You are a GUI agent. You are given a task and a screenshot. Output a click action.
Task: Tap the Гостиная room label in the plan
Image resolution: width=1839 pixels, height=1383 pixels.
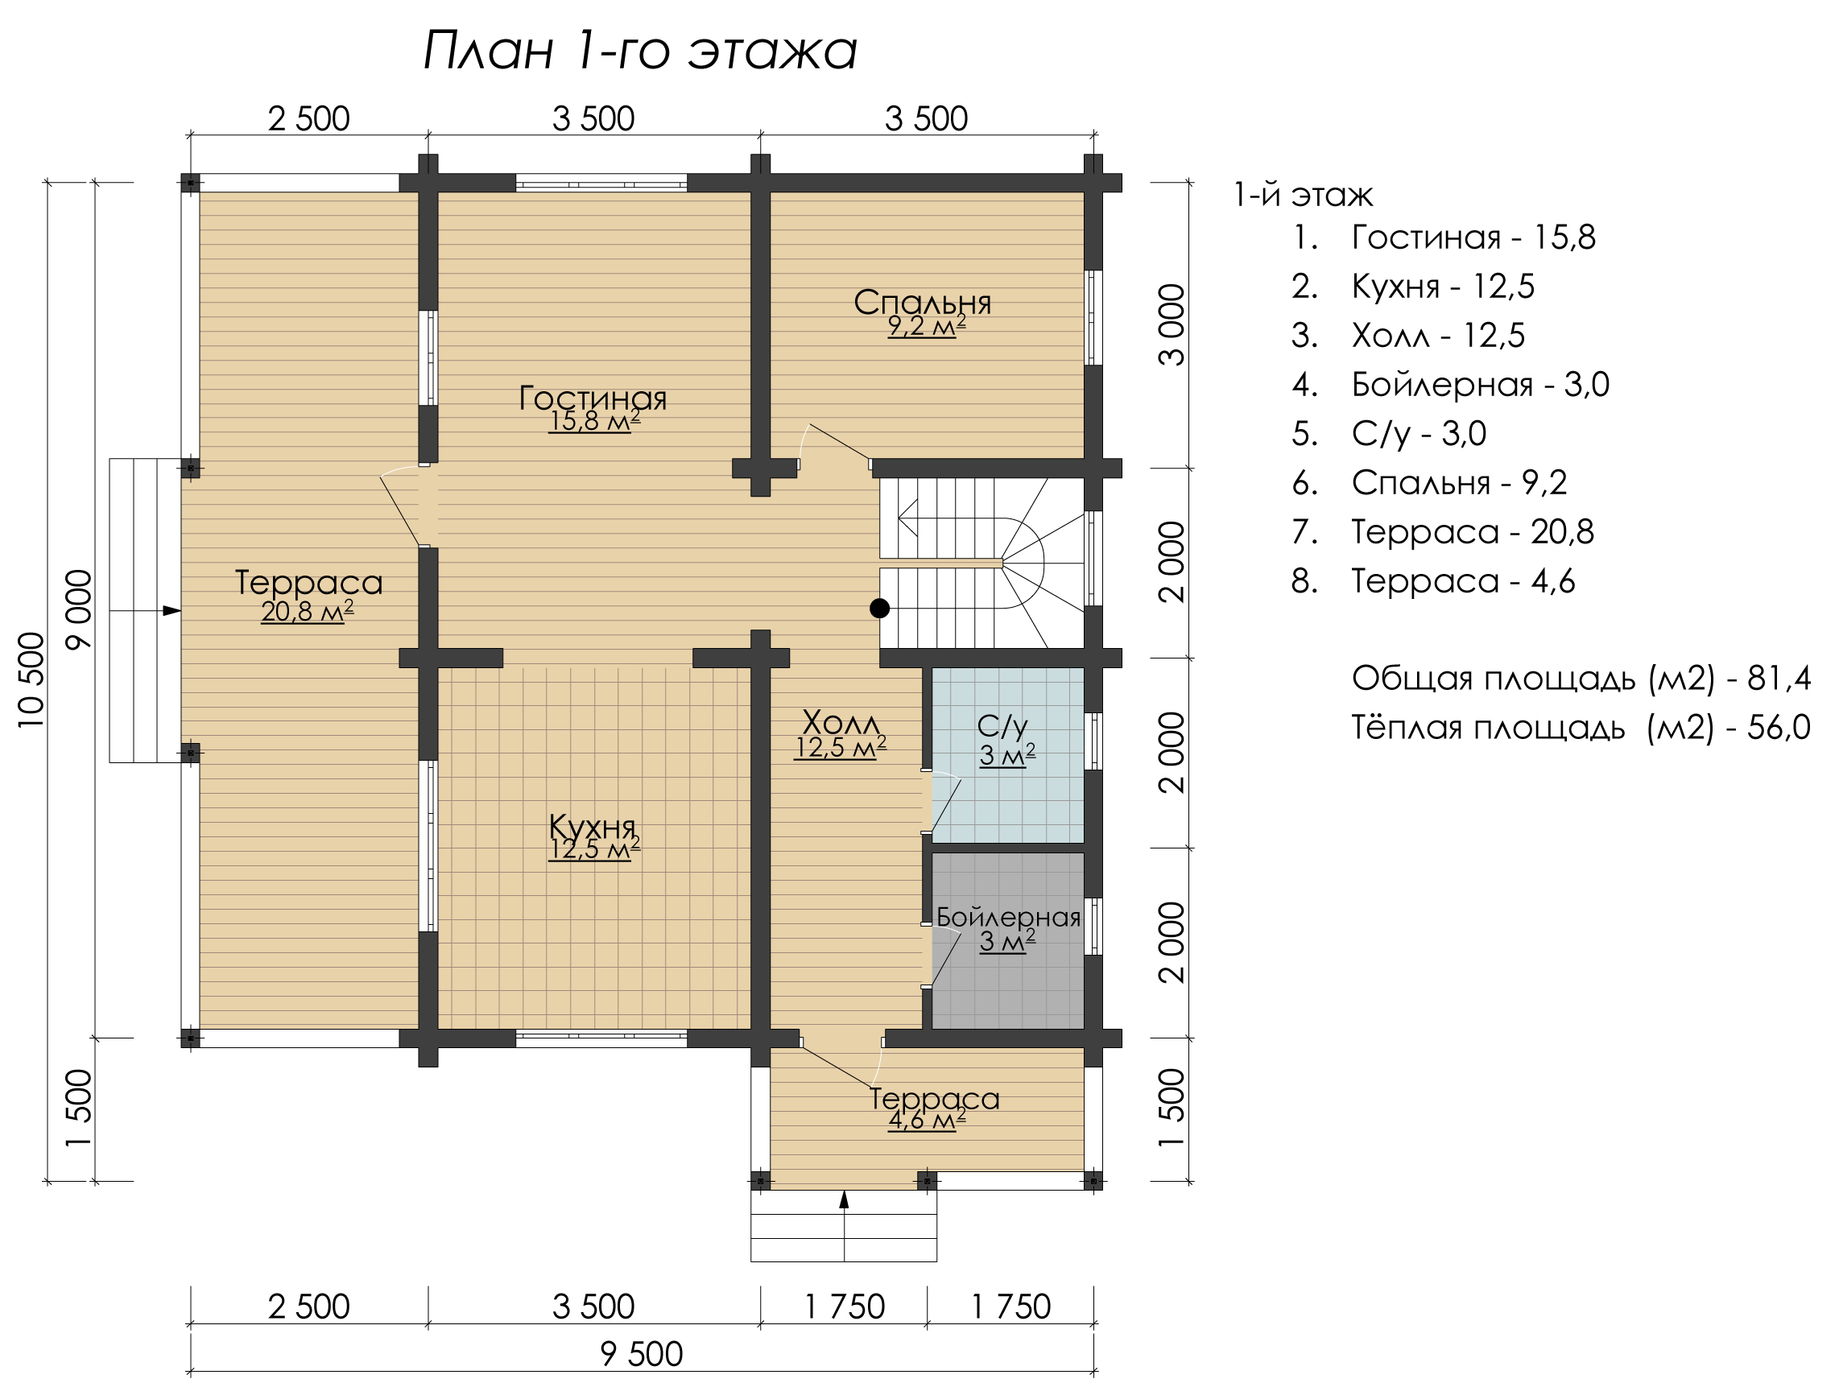coord(593,398)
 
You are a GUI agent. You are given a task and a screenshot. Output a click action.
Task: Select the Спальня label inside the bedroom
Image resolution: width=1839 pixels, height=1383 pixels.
coord(923,303)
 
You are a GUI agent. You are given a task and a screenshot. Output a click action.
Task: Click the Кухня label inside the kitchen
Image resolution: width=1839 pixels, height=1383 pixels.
coord(593,827)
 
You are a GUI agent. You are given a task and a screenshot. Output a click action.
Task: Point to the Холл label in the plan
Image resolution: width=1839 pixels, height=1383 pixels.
coord(841,721)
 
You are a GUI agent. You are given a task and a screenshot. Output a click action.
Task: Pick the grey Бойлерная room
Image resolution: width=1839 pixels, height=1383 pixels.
coord(1007,941)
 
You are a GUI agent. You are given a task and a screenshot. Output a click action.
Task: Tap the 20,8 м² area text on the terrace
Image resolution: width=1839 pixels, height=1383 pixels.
coord(307,612)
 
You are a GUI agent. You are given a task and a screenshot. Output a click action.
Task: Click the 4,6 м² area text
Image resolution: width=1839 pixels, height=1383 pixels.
coord(927,1121)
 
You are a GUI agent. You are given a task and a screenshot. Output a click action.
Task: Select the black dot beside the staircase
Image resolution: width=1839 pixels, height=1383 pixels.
coord(879,609)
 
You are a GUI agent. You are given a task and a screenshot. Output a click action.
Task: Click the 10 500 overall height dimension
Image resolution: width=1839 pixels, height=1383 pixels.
coord(31,680)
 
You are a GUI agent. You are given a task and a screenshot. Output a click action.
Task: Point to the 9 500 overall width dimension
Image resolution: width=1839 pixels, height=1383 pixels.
coord(641,1355)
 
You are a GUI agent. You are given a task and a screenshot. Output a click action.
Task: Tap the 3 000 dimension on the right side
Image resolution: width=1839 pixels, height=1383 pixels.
coord(1172,325)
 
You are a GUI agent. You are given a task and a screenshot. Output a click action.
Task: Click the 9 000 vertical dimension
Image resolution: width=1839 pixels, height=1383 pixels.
coord(79,610)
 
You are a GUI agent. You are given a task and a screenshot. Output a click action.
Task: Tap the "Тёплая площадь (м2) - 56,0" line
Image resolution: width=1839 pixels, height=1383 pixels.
coord(1581,728)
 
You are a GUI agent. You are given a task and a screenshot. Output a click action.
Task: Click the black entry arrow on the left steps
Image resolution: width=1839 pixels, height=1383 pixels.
coord(172,611)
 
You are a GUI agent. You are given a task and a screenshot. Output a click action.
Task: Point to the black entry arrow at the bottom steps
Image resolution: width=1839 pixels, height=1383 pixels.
coord(844,1199)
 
